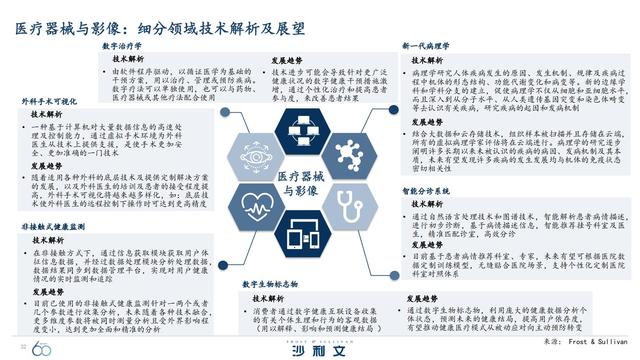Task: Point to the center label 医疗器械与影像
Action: click(320, 182)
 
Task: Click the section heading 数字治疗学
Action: click(124, 46)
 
